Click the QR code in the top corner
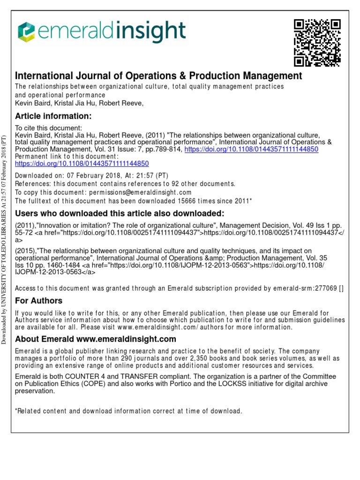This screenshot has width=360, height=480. [317, 43]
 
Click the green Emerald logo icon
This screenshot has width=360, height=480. [27, 32]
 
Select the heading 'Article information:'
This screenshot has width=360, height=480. [53, 116]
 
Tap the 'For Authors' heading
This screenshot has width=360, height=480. [39, 300]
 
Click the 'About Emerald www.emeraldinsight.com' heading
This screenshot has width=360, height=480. [96, 339]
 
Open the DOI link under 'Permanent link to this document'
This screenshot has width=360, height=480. [82, 164]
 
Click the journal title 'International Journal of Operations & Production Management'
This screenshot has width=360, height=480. [159, 75]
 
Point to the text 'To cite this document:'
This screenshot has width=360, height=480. [49, 128]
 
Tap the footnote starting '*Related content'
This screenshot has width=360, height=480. [128, 411]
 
